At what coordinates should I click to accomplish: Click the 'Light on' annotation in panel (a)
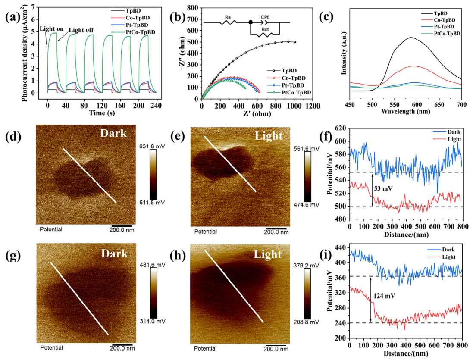(x=52, y=29)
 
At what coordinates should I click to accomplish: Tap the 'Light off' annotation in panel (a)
(x=81, y=30)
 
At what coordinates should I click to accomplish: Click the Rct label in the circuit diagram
(x=265, y=29)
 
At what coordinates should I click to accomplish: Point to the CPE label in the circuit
(x=265, y=17)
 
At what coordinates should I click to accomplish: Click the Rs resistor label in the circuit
(x=228, y=17)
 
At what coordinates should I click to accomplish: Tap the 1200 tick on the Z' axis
(x=312, y=106)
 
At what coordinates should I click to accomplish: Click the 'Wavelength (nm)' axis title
(x=405, y=111)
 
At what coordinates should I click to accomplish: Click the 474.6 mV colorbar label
(x=307, y=205)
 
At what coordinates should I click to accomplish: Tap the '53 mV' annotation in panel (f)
(x=383, y=189)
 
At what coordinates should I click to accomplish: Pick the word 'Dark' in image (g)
(x=114, y=253)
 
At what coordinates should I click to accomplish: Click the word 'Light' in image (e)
(x=269, y=136)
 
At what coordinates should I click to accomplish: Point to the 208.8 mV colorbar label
(x=306, y=322)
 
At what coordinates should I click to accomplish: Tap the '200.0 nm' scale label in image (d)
(x=122, y=230)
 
